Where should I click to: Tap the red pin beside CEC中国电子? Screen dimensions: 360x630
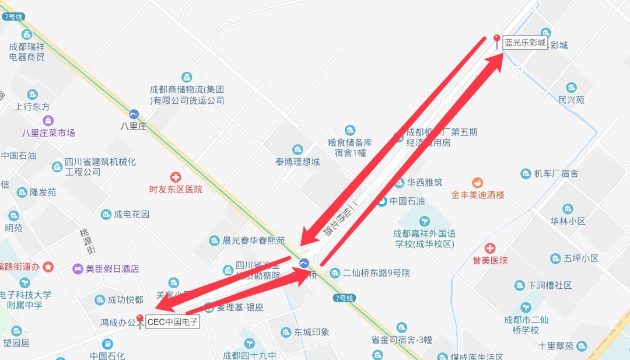(139, 320)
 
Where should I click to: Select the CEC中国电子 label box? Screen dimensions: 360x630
(173, 322)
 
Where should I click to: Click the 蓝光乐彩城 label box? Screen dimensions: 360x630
(525, 43)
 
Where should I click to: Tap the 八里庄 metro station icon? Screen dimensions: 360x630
(134, 114)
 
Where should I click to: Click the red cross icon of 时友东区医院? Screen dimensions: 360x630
(175, 177)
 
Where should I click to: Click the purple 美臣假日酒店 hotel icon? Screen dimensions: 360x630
(78, 269)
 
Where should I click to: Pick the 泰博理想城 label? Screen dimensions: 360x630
(297, 162)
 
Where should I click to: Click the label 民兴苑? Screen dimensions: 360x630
(571, 100)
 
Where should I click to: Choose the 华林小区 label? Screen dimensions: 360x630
(568, 221)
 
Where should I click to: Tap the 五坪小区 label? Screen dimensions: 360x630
(582, 258)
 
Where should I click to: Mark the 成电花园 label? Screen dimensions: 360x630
(132, 214)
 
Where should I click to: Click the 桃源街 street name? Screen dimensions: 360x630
(88, 241)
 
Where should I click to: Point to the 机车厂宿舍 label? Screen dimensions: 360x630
(556, 173)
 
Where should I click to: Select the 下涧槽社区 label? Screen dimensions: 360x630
(549, 285)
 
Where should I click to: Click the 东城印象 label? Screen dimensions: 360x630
(311, 332)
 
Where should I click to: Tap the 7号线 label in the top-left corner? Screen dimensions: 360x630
(13, 16)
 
